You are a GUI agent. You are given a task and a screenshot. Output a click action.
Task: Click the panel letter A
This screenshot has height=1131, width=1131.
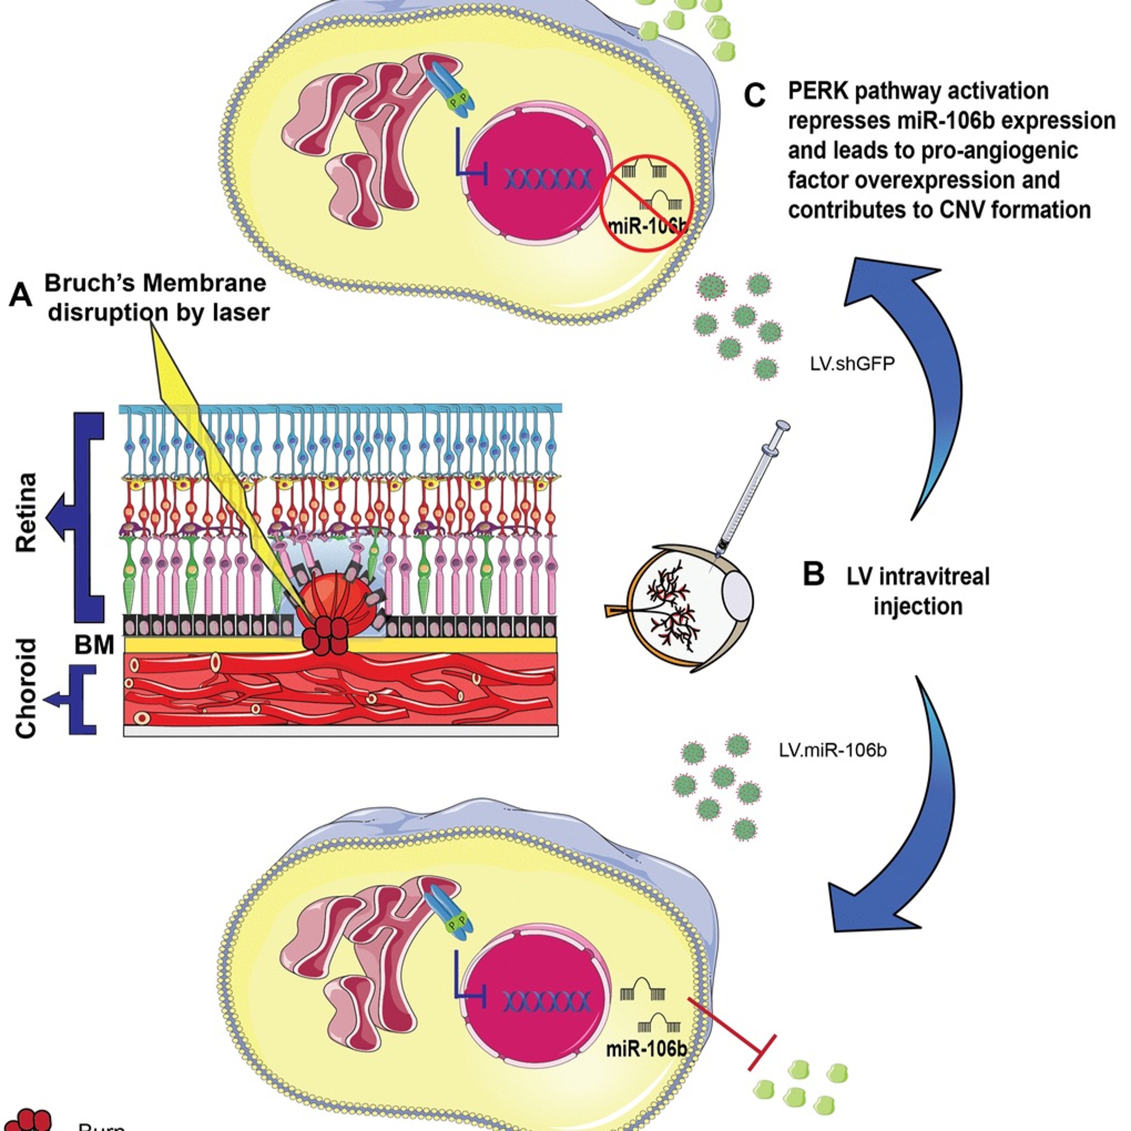[x=21, y=294]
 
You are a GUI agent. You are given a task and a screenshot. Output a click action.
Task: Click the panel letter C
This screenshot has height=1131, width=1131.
[x=755, y=96]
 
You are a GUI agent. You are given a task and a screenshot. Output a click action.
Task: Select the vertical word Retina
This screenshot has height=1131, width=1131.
[x=26, y=513]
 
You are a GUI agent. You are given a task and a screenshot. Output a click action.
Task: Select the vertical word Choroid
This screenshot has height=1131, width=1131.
[x=26, y=688]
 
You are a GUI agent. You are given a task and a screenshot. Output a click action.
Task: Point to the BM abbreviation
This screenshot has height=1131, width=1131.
[x=93, y=645]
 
